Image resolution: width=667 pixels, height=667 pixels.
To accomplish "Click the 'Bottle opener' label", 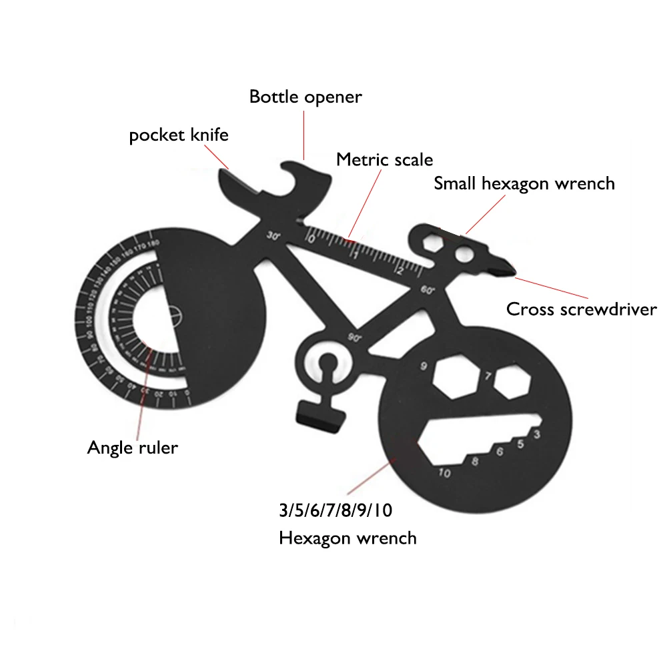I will (x=305, y=97).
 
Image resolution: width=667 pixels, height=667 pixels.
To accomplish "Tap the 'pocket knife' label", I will (x=179, y=135).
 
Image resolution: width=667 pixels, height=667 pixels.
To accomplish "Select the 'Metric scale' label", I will (x=384, y=160).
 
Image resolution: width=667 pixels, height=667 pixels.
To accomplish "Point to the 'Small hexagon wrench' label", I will (x=524, y=183).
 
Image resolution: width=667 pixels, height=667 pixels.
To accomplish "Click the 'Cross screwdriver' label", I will (x=581, y=310).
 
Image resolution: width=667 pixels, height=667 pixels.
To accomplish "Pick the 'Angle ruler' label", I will (x=133, y=447).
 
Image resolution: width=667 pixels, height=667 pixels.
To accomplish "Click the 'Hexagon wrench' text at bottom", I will (x=348, y=538).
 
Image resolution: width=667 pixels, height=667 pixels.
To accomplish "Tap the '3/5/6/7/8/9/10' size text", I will (x=336, y=512).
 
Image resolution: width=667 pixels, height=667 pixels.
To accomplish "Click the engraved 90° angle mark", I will (x=354, y=338).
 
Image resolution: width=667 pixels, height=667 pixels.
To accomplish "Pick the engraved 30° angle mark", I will (x=273, y=235).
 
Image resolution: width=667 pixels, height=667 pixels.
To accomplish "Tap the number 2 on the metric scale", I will (x=398, y=269).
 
